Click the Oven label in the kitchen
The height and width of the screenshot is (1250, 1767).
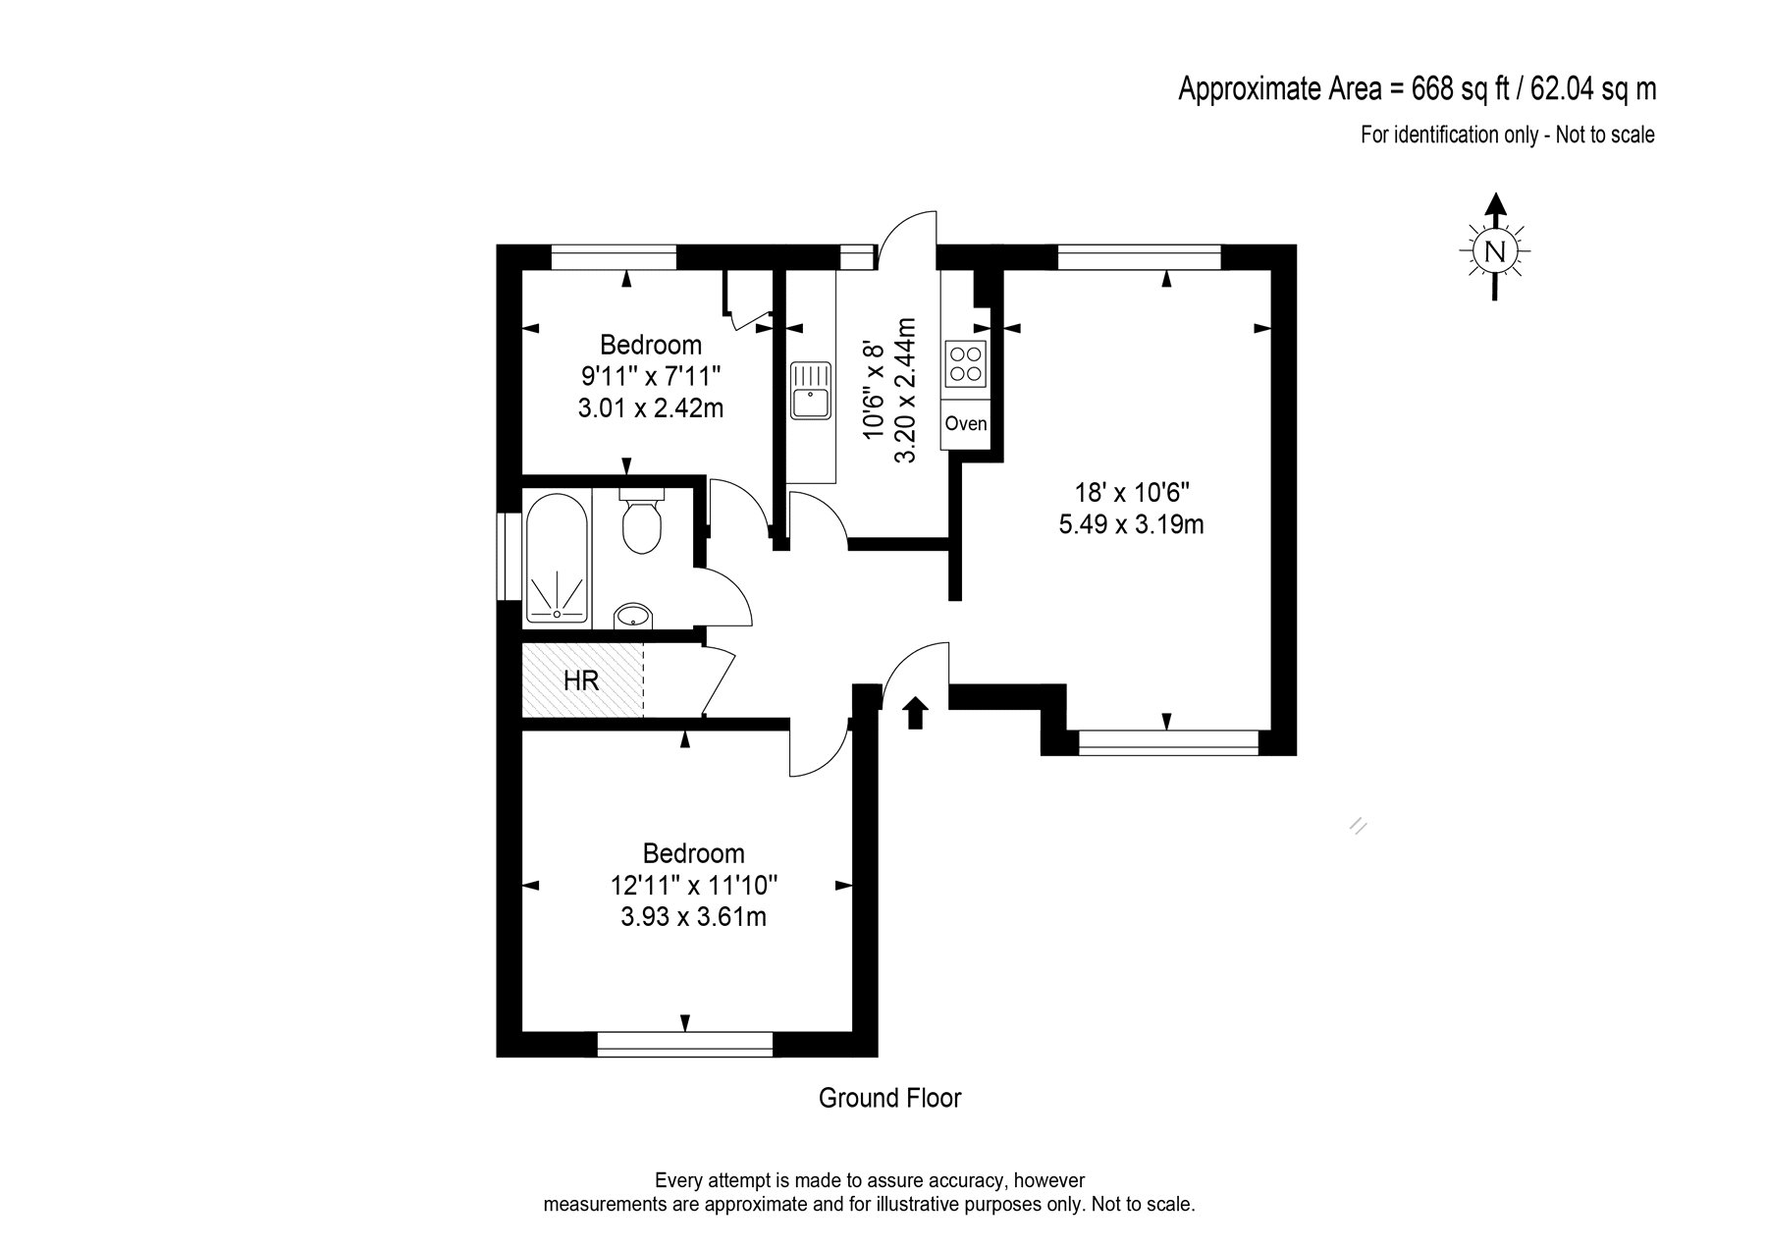coord(965,424)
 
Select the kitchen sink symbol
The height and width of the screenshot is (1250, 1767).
coord(811,390)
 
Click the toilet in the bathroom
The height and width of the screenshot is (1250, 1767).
coord(643,524)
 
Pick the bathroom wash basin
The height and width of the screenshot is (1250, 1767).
coord(632,617)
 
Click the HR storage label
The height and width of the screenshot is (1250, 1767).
coord(581,680)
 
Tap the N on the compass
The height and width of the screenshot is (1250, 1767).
coord(1494,251)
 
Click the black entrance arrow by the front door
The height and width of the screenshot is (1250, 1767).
coord(915,713)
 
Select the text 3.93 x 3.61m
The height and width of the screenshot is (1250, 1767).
coord(694,918)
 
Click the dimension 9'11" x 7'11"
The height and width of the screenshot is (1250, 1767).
coord(651,376)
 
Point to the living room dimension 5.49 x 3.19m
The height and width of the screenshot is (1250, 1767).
coord(1131,525)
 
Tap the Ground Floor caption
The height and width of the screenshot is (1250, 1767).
coord(889,1098)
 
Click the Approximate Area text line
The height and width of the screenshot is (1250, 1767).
coord(1417,89)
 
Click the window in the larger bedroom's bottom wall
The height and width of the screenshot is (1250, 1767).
coord(684,1044)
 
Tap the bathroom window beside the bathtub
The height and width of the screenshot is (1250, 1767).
coord(509,556)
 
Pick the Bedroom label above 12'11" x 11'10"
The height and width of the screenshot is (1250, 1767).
coord(694,853)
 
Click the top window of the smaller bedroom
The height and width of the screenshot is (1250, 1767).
coord(615,256)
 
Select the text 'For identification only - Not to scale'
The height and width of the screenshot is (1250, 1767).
coord(1507,136)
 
